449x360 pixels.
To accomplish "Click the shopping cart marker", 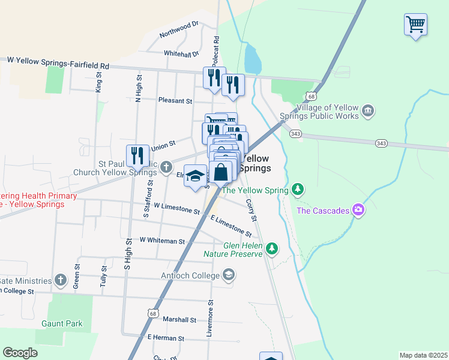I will [415, 25].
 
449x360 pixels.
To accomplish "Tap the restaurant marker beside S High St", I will [138, 156].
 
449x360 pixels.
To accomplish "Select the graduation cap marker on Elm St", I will [194, 176].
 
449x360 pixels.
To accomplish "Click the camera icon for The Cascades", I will [358, 209].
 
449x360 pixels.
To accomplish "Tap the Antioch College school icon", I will [228, 275].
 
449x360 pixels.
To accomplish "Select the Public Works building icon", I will [368, 110].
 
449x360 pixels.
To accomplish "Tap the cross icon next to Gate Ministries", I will [61, 280].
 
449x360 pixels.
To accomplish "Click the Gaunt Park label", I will [62, 323].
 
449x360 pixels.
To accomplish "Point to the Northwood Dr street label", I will [178, 29].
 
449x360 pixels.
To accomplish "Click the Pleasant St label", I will [175, 101].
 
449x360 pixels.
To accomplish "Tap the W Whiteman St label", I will [162, 240].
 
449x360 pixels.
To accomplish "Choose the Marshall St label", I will [179, 320].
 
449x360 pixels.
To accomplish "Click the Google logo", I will [20, 353].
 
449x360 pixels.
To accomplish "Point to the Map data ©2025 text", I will [423, 355].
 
